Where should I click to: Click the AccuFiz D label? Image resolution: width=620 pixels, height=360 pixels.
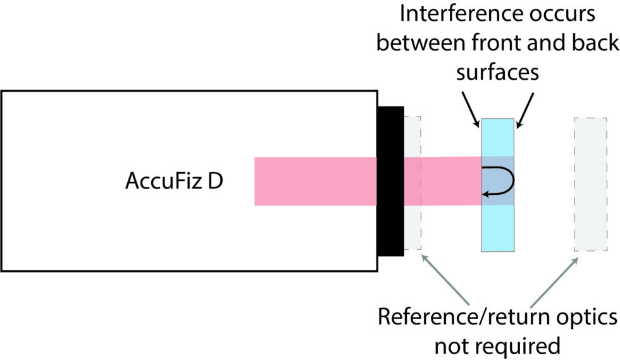coord(174,182)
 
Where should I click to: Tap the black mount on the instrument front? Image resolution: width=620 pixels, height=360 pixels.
coord(390,181)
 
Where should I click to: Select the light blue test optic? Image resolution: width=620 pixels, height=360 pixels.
coord(498,228)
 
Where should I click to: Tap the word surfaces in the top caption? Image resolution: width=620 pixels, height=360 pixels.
coord(497,71)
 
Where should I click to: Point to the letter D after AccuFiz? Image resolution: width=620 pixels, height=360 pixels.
coord(214,182)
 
